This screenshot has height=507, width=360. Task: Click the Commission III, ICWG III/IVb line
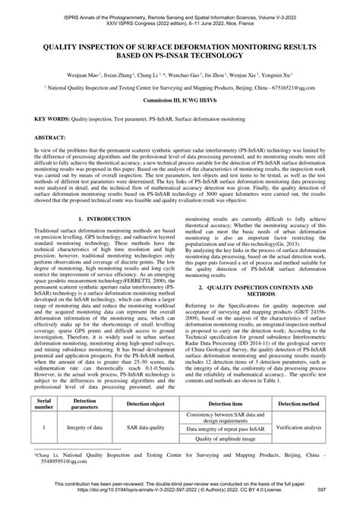[179, 100]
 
